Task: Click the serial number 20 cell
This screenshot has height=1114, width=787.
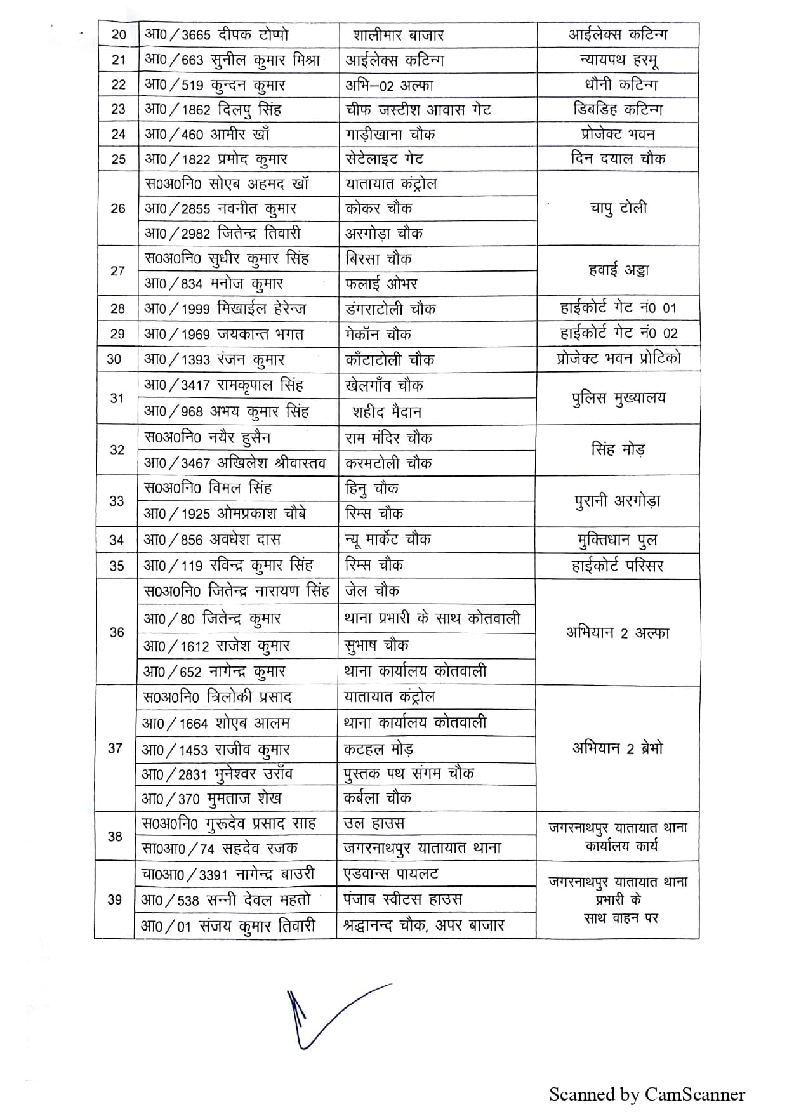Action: (x=119, y=35)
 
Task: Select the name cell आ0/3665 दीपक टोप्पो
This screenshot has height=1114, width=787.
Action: (x=216, y=35)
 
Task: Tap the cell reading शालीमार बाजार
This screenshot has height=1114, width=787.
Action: (x=398, y=35)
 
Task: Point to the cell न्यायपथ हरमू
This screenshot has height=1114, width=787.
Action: (x=618, y=60)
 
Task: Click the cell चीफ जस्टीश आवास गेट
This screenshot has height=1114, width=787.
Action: (x=418, y=109)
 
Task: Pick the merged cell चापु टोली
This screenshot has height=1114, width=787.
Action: (x=618, y=208)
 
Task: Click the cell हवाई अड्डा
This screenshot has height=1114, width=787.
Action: (x=618, y=270)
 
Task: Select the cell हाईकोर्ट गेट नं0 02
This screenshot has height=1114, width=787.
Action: (x=618, y=333)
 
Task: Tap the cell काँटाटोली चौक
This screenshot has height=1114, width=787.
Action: (x=390, y=360)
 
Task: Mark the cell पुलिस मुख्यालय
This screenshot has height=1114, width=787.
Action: (x=618, y=399)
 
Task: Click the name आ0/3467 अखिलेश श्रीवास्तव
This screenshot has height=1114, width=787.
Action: (x=235, y=463)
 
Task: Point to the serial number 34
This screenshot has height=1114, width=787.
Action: (x=117, y=540)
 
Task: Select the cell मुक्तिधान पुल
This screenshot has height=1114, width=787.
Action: (x=617, y=540)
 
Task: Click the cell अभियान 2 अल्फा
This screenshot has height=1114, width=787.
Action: (x=617, y=632)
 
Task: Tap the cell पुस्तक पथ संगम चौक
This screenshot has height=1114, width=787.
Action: (x=409, y=773)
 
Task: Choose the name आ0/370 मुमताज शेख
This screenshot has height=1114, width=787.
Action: (x=211, y=799)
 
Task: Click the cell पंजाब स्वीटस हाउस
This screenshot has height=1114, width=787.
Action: (x=402, y=899)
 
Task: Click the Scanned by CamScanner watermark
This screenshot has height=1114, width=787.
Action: (x=647, y=1094)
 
